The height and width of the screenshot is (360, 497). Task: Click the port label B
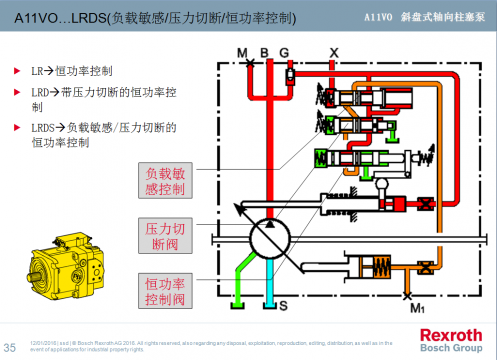pyautogui.click(x=264, y=50)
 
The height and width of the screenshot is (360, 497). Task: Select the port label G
pyautogui.click(x=284, y=50)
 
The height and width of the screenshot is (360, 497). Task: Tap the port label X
pyautogui.click(x=334, y=50)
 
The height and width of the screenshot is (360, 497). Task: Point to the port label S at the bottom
pyautogui.click(x=283, y=303)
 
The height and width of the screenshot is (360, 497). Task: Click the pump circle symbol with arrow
pyautogui.click(x=268, y=238)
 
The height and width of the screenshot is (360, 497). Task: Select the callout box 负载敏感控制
pyautogui.click(x=165, y=180)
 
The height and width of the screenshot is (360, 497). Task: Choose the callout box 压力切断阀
pyautogui.click(x=165, y=236)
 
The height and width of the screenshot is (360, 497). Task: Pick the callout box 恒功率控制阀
pyautogui.click(x=165, y=291)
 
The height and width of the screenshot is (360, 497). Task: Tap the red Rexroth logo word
pyautogui.click(x=451, y=334)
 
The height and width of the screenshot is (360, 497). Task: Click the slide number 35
pyautogui.click(x=11, y=346)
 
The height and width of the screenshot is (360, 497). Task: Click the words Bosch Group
pyautogui.click(x=451, y=347)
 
